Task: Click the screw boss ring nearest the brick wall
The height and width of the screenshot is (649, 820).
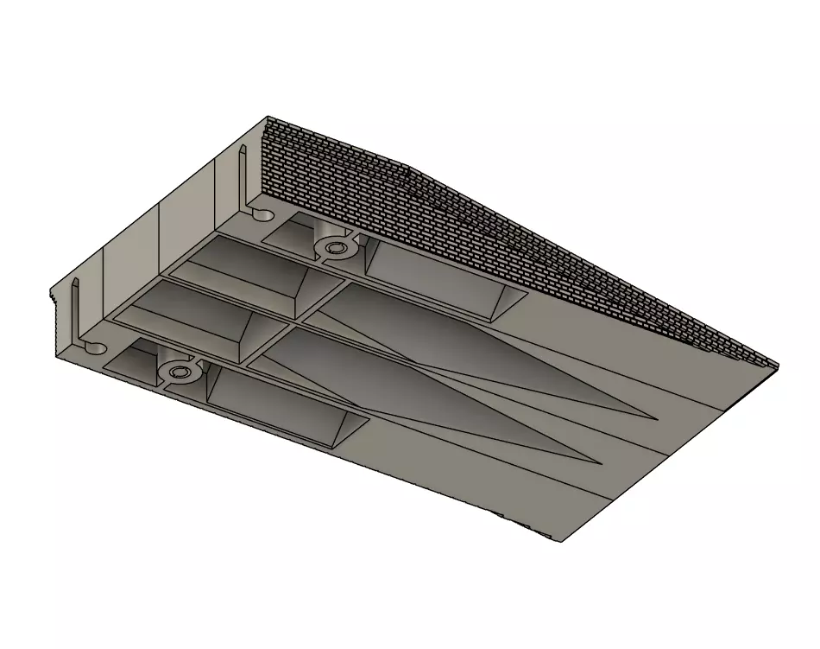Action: click(334, 249)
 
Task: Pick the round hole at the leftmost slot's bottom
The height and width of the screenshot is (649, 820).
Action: click(95, 347)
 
